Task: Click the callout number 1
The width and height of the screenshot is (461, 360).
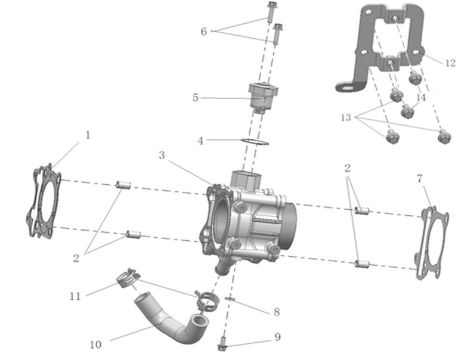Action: (88, 135)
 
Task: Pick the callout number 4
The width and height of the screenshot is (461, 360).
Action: (201, 141)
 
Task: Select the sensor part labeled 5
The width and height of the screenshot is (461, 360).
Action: (262, 95)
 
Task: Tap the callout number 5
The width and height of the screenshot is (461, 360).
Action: (195, 97)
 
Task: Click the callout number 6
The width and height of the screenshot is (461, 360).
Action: (203, 31)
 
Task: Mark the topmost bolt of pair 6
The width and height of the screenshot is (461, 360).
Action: (272, 10)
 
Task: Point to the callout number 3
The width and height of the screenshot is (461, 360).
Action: (162, 155)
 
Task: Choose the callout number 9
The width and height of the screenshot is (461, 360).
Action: (277, 337)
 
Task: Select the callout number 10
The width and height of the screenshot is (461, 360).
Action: (95, 345)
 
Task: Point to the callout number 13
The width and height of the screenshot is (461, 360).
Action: (346, 117)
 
